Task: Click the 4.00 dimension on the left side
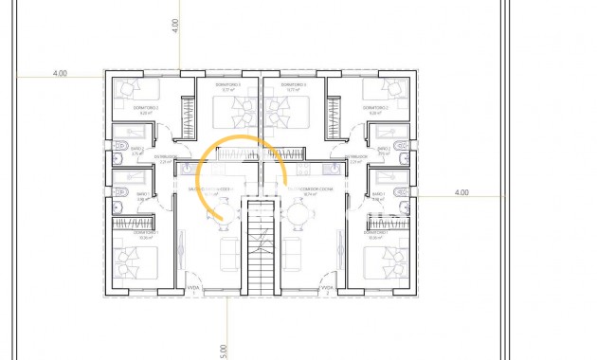(x=61, y=72)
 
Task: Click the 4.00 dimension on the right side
(x=461, y=192)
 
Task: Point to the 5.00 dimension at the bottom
(x=224, y=349)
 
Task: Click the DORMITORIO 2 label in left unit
(x=145, y=108)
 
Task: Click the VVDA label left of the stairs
(x=193, y=287)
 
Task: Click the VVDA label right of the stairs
(x=327, y=287)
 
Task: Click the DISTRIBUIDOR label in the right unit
(x=355, y=157)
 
